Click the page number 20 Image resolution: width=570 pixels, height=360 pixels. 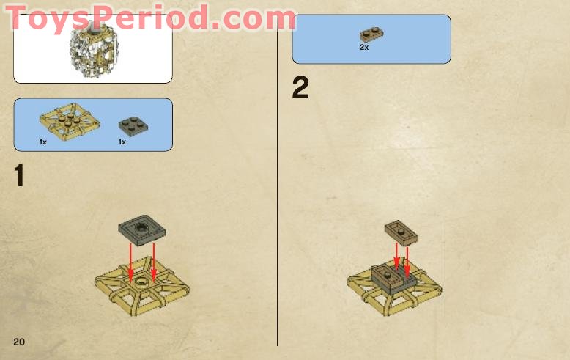click(19, 342)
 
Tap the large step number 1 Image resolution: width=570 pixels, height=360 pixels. click(19, 176)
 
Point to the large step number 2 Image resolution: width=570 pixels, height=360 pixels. click(300, 88)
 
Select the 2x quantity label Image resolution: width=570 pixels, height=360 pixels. click(364, 47)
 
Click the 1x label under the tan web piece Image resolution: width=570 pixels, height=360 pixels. click(43, 142)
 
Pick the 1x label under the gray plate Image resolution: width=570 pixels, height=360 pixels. click(122, 142)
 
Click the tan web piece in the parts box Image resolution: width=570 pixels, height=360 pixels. click(66, 120)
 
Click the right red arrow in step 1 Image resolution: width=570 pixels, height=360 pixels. click(154, 260)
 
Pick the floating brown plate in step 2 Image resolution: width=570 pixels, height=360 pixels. click(401, 231)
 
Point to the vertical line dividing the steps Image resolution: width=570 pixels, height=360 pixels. click(278, 220)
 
